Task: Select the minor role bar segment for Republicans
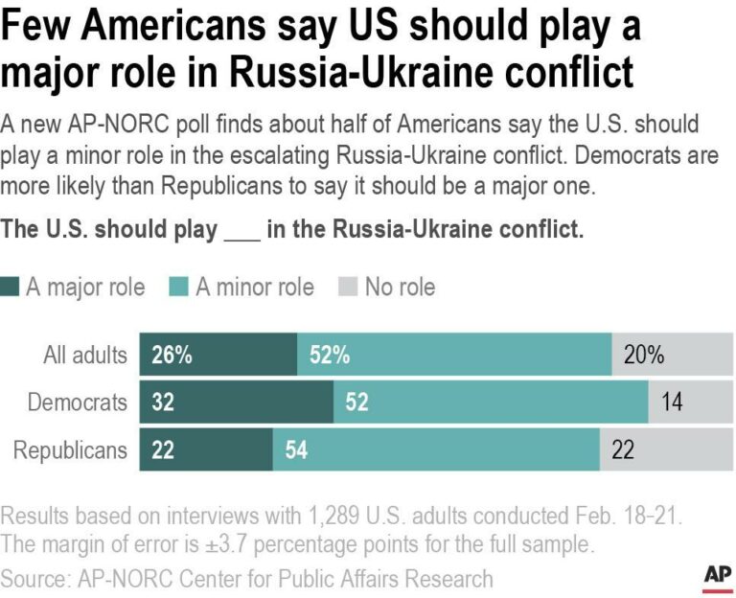click(436, 450)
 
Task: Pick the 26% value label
click(172, 355)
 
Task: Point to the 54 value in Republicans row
click(296, 450)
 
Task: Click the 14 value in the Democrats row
click(672, 402)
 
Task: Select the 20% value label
click(644, 355)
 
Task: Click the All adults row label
click(85, 355)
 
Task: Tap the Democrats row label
click(77, 402)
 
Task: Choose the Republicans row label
click(70, 450)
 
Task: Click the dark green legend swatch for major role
click(11, 287)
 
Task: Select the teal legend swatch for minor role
click(180, 287)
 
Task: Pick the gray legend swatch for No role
click(350, 287)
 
